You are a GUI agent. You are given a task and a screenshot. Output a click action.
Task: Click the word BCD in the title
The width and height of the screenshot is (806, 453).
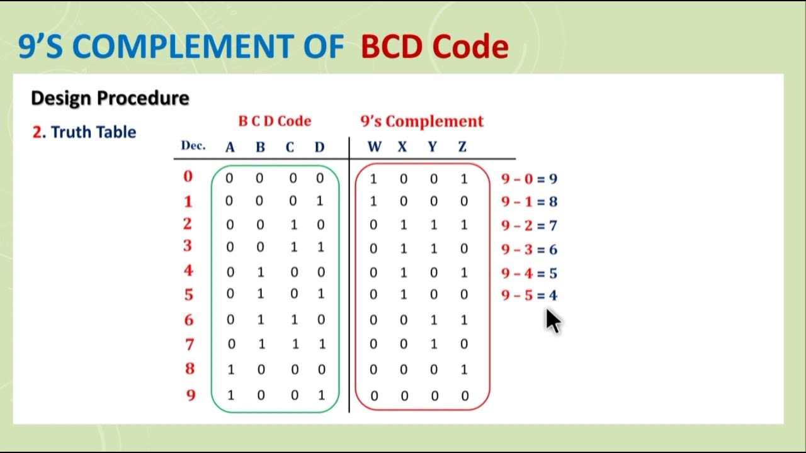[394, 47]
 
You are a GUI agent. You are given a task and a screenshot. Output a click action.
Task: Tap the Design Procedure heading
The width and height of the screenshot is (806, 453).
[110, 98]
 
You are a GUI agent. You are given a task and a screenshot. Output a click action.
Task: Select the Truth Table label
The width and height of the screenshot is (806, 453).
[93, 132]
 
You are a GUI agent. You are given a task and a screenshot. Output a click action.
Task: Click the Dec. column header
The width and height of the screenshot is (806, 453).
[193, 146]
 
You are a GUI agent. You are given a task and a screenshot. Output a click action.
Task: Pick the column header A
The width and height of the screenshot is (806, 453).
[230, 147]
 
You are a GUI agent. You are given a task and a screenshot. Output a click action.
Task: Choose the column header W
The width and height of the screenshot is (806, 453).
[374, 147]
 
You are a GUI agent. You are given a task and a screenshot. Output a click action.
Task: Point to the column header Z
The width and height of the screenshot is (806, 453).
[462, 147]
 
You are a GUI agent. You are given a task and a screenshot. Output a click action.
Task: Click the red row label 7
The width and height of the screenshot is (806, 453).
[190, 344]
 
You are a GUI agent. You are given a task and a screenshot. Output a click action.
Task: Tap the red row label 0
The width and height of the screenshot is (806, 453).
[188, 177]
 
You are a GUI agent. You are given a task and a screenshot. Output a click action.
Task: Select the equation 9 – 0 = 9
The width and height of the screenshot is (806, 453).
[529, 179]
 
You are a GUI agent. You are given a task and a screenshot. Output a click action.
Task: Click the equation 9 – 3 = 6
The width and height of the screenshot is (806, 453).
[529, 250]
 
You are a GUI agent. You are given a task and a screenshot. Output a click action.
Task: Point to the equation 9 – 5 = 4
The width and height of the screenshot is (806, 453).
[529, 295]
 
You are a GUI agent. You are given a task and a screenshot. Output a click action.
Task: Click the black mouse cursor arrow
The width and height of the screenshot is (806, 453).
[552, 321]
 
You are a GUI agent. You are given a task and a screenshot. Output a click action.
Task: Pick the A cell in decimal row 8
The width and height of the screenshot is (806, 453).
[230, 370]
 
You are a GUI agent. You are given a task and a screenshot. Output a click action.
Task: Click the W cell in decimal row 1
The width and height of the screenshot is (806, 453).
[373, 202]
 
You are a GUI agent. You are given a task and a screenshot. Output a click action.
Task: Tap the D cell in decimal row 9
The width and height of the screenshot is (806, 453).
[321, 396]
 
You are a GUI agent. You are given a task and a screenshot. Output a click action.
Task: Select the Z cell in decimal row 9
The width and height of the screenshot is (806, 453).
[464, 396]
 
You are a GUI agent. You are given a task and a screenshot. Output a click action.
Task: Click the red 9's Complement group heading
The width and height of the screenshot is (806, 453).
[421, 121]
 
